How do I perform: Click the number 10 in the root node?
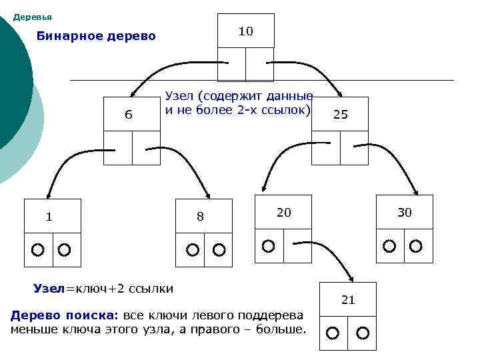246,31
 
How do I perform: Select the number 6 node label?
129,115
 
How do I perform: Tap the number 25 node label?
340,115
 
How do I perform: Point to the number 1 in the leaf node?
49,216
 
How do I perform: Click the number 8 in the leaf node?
200,217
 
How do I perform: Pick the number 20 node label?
283,213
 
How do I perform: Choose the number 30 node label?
405,213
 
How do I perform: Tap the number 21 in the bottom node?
348,300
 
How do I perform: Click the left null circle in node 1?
38,250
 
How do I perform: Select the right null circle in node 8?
219,250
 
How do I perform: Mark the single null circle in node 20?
268,246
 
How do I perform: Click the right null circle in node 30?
415,246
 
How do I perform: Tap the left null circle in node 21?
333,333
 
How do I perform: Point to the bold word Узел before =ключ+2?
49,289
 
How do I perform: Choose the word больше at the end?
281,329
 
